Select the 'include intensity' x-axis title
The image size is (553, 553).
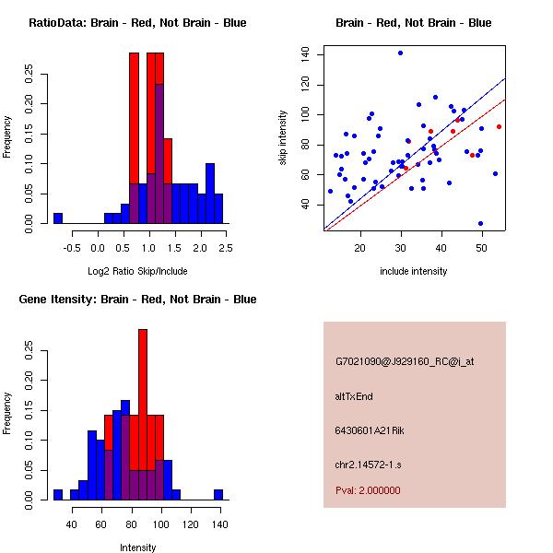413,271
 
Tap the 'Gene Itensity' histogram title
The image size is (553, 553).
137,300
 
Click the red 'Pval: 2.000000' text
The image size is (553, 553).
368,490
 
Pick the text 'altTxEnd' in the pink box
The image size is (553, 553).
354,396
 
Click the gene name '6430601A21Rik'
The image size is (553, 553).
365,430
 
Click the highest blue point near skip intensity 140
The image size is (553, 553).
400,53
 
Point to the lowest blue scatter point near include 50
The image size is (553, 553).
480,223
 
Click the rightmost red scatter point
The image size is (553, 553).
499,126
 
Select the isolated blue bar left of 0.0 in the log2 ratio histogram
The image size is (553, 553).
57,218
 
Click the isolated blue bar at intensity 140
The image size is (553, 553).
218,495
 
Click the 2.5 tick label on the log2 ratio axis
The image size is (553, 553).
226,248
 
